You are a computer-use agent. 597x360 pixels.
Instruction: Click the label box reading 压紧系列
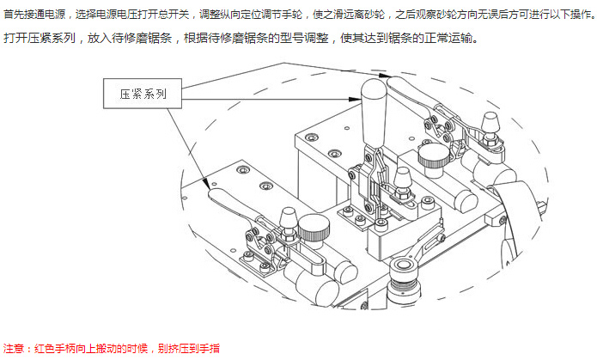(143, 93)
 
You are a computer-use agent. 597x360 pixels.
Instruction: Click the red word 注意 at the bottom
(15, 349)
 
